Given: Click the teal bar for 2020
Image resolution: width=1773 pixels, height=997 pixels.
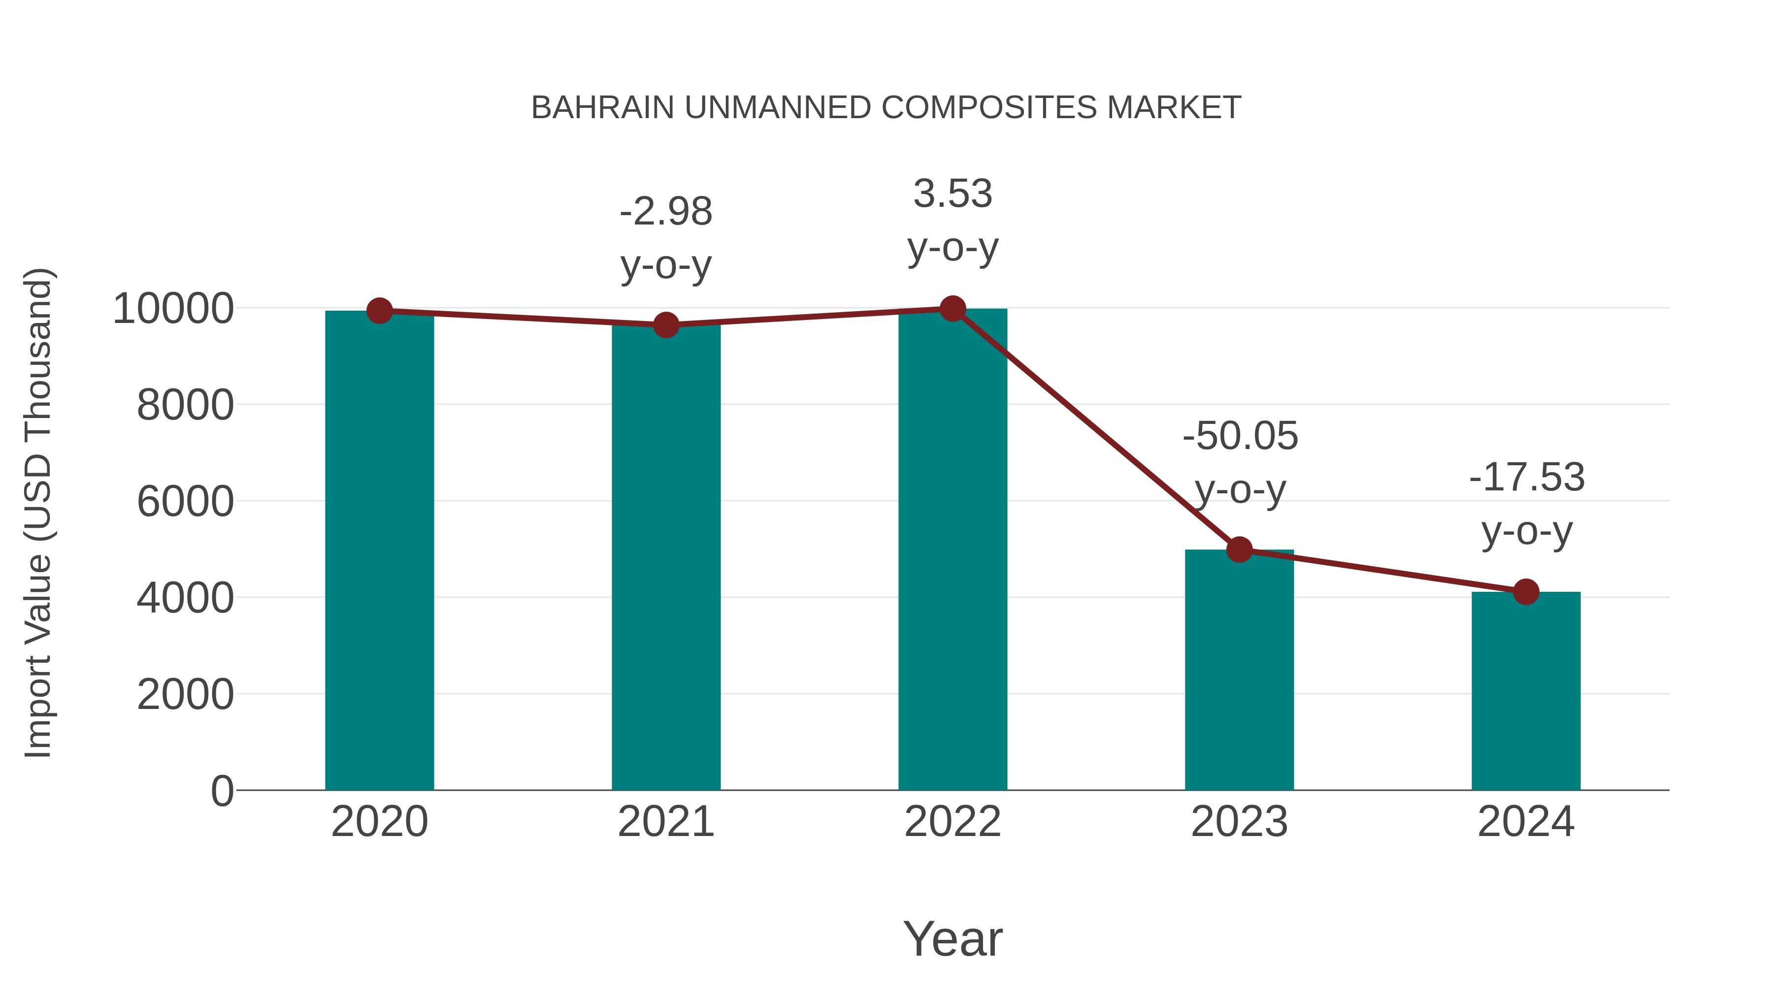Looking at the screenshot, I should pos(379,550).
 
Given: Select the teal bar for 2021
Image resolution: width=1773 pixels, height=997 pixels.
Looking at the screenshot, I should pos(665,557).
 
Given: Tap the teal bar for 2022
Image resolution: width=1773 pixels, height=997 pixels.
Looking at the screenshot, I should pos(952,550).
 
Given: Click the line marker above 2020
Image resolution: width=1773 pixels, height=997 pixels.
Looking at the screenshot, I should pos(379,311).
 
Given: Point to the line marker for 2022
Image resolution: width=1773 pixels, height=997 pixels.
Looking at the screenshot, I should pos(952,309).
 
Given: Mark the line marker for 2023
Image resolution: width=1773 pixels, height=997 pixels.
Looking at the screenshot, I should pos(1239,550).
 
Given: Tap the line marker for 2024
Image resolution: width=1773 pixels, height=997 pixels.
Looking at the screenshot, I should pos(1526,592).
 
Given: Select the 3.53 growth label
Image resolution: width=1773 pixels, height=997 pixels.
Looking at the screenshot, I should pos(952,194).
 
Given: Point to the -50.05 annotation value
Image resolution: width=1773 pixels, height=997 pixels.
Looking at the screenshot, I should pos(1240,436).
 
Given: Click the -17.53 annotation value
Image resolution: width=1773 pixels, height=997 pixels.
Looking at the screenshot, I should pos(1527,478).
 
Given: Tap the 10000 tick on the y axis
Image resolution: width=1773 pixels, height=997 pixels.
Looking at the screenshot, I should pos(173,309).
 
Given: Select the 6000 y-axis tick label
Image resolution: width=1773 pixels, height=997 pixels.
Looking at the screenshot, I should pos(185,502).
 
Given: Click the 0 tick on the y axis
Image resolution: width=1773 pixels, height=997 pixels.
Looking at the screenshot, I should pos(222,791).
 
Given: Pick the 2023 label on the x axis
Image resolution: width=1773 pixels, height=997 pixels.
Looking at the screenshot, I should pos(1239,822).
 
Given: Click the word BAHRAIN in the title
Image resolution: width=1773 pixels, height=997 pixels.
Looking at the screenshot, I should pos(602,108).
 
